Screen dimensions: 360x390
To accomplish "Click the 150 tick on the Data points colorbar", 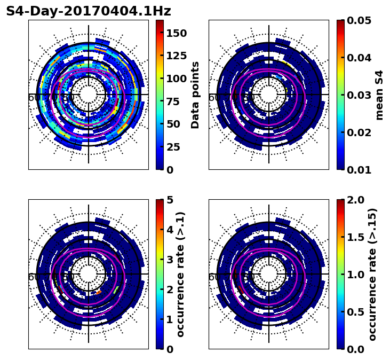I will click(176, 33).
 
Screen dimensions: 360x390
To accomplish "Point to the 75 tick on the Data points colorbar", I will click(176, 101).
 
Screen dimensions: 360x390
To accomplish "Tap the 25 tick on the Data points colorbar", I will click(176, 147).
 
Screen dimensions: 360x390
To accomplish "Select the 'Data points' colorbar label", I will click(195, 95).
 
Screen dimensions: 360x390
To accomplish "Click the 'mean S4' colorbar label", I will click(379, 95).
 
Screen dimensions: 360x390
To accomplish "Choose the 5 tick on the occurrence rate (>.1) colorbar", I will click(170, 200).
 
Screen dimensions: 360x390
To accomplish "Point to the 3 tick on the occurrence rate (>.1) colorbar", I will click(170, 260).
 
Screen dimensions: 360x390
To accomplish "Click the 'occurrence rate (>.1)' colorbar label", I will click(180, 274).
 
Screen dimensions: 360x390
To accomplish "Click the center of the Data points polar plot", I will click(89, 95).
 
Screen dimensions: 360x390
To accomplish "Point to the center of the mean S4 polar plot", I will click(269, 95).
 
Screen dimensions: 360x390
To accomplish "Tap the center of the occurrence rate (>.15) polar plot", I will click(269, 274).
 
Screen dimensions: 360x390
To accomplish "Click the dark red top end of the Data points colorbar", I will click(160, 22).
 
